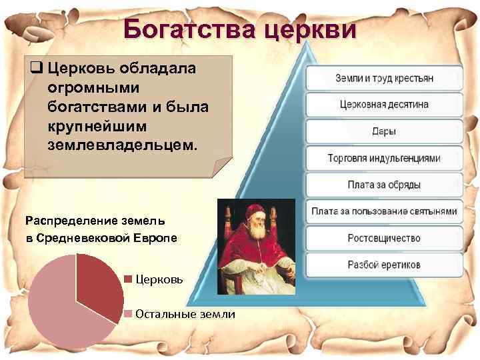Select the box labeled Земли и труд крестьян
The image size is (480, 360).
(384, 78)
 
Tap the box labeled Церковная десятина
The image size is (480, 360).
(384, 105)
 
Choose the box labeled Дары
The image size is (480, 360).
(384, 131)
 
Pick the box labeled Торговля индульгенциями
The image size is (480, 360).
(384, 158)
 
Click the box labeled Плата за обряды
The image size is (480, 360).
(384, 185)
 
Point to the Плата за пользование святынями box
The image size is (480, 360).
(384, 211)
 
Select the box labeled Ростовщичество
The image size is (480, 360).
(384, 238)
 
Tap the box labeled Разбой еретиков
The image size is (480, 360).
(384, 265)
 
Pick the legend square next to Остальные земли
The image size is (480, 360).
(128, 314)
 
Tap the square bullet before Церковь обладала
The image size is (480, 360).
(35, 67)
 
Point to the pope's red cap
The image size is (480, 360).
(255, 211)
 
